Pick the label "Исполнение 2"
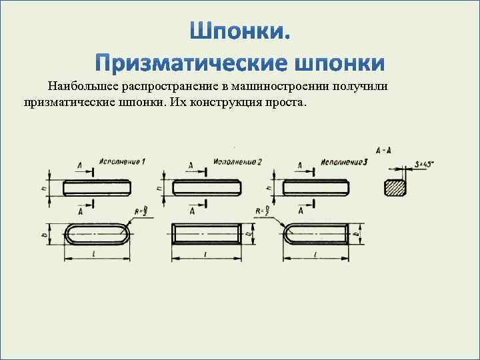point(238,162)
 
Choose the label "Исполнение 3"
point(345,162)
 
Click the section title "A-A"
point(384,151)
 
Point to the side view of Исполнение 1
point(96,188)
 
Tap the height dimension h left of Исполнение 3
point(268,187)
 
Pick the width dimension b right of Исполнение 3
point(358,234)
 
